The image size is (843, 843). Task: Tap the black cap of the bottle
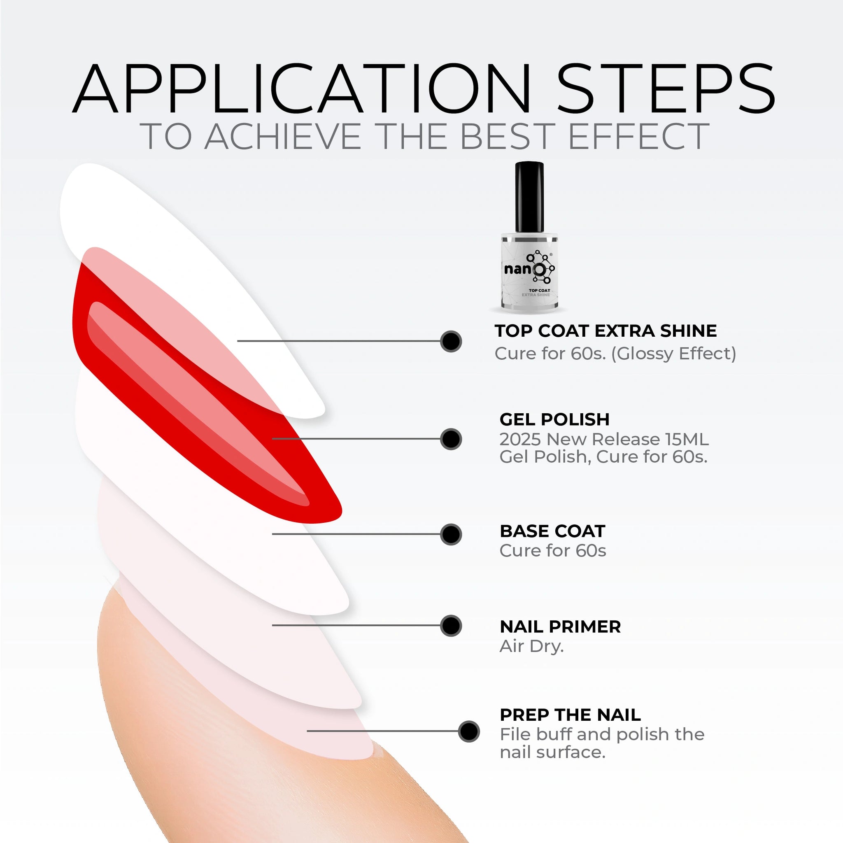[x=529, y=197]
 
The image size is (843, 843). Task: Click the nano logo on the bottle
[x=529, y=267]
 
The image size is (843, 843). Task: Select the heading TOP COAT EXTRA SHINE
[x=605, y=331]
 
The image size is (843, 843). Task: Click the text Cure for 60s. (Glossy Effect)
[x=615, y=354]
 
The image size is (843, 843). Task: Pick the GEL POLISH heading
[x=554, y=419]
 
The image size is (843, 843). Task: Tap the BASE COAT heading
[x=552, y=531]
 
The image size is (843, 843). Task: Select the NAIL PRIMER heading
[x=560, y=626]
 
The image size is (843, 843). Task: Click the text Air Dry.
[x=532, y=647]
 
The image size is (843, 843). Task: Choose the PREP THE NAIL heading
[x=570, y=715]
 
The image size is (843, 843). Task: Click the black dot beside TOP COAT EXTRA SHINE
[x=451, y=341]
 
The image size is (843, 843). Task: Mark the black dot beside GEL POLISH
[x=451, y=438]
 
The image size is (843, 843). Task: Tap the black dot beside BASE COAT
[x=451, y=534]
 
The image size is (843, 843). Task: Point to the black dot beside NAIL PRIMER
[x=451, y=626]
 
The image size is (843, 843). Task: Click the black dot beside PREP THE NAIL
[x=468, y=731]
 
